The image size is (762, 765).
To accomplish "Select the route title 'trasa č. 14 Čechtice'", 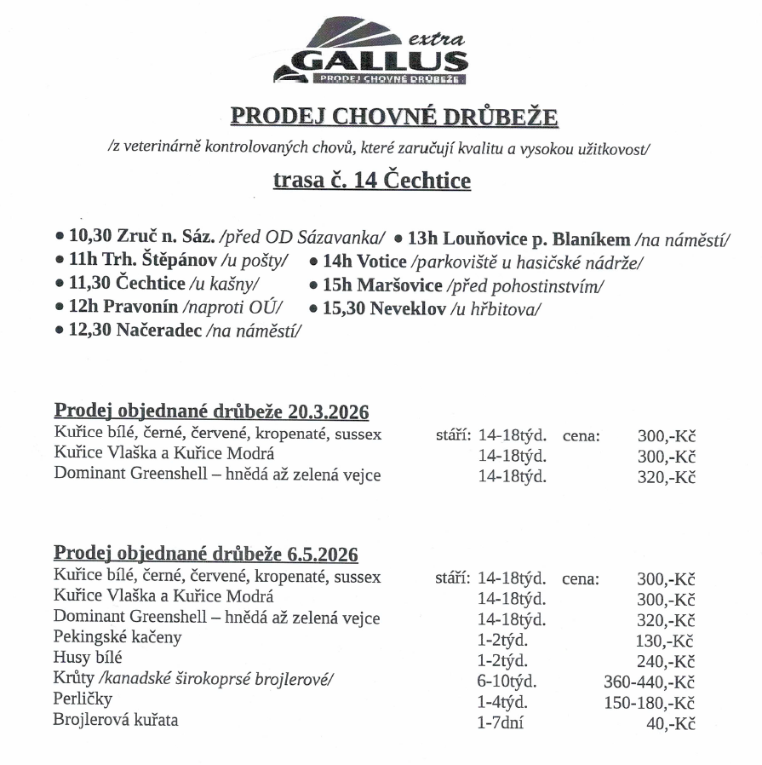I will pyautogui.click(x=371, y=181).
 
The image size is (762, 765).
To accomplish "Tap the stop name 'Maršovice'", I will pyautogui.click(x=399, y=285).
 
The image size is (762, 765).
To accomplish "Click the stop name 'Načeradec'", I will pyautogui.click(x=160, y=331).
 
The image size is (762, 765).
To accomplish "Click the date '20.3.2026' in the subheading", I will pyautogui.click(x=326, y=413).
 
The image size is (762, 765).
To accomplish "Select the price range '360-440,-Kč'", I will pyautogui.click(x=649, y=682).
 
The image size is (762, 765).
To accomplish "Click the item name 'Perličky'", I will pyautogui.click(x=83, y=700).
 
